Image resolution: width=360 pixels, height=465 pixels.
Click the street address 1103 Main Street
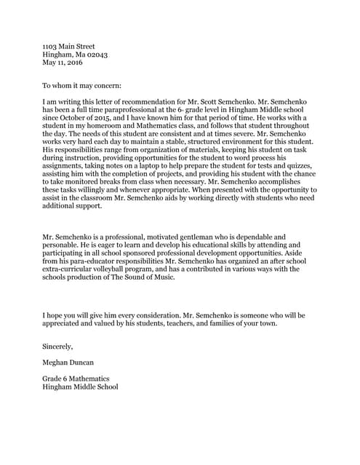(69, 46)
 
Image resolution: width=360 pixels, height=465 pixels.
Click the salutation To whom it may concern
(81, 85)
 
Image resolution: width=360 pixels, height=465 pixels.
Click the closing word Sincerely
(58, 347)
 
